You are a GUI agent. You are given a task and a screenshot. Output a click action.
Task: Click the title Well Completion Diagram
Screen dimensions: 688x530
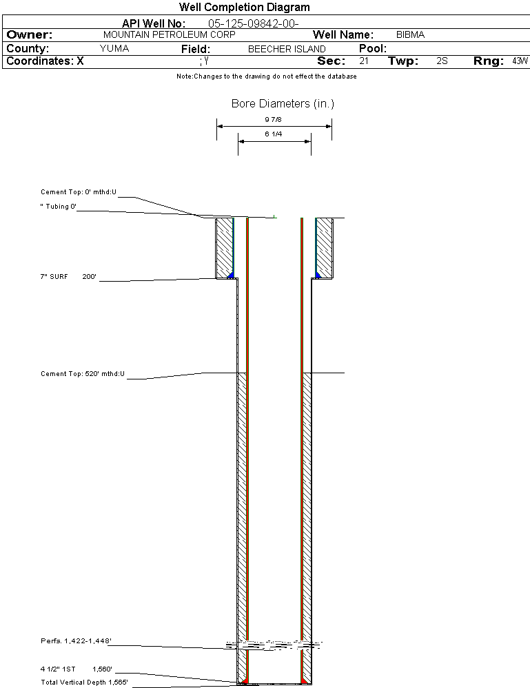pyautogui.click(x=244, y=7)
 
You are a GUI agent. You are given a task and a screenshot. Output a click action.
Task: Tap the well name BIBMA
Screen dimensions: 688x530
pyautogui.click(x=410, y=34)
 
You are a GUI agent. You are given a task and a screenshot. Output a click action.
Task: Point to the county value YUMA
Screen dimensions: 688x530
pyautogui.click(x=114, y=49)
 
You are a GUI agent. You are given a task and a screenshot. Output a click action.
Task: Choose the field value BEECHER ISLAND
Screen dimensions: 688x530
pyautogui.click(x=287, y=49)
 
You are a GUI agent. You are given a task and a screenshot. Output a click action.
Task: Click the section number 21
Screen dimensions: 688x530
pyautogui.click(x=364, y=61)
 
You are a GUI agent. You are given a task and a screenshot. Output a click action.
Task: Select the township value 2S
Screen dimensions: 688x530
pyautogui.click(x=442, y=61)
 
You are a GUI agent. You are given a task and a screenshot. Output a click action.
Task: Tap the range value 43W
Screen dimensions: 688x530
pyautogui.click(x=520, y=61)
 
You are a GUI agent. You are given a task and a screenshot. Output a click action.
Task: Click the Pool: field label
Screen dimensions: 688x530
pyautogui.click(x=373, y=49)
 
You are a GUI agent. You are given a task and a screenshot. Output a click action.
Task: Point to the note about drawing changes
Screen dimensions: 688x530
pyautogui.click(x=266, y=76)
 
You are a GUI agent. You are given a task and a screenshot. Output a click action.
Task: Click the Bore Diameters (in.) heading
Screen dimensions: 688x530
pyautogui.click(x=283, y=104)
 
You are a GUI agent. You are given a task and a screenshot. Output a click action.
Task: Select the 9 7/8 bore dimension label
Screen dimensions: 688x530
pyautogui.click(x=274, y=120)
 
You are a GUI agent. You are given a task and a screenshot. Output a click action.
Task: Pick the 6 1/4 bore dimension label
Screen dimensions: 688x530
pyautogui.click(x=274, y=135)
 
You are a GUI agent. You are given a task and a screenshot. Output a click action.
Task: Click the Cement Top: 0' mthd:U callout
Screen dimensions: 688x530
pyautogui.click(x=79, y=192)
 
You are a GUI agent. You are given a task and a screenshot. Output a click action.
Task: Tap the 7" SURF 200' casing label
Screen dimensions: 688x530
pyautogui.click(x=68, y=276)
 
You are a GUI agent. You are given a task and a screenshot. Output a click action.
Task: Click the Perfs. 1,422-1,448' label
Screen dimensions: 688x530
pyautogui.click(x=76, y=641)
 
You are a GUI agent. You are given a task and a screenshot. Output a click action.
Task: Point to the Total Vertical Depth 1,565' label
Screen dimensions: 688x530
pyautogui.click(x=84, y=682)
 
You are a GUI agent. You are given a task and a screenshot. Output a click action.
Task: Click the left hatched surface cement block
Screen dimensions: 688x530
pyautogui.click(x=224, y=248)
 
